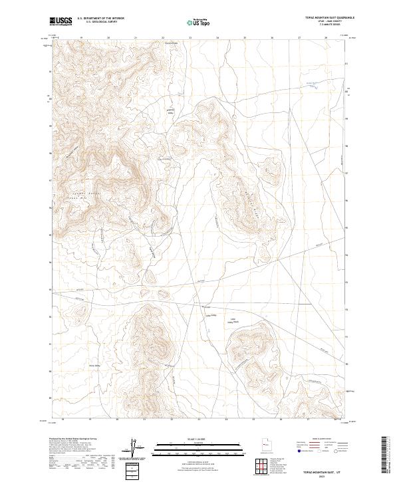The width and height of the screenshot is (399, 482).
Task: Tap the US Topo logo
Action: click(x=200, y=22)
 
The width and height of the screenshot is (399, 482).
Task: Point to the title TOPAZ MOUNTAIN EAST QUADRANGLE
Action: click(x=325, y=18)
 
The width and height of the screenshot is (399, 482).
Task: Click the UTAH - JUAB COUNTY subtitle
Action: click(x=325, y=22)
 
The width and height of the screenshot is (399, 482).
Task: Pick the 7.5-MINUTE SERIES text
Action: click(x=325, y=26)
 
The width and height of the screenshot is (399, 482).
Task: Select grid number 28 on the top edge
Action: click(x=326, y=38)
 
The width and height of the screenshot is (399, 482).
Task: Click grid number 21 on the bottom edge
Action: click(x=144, y=420)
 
